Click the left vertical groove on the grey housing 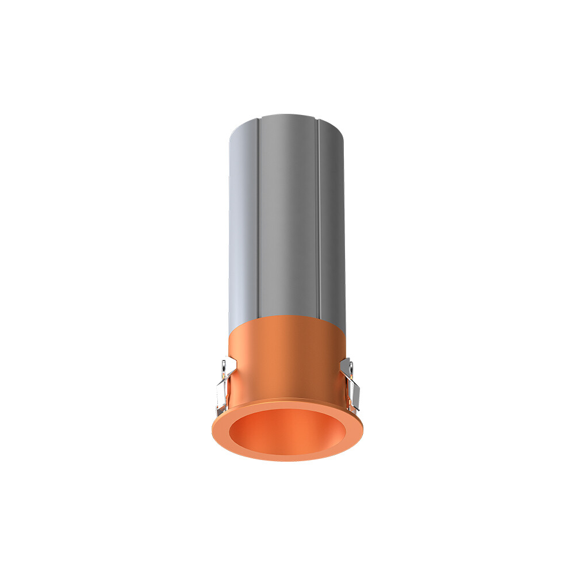point(259,218)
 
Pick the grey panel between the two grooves point(287,218)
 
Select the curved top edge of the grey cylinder point(287,117)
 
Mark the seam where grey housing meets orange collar point(287,318)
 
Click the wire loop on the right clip point(348,368)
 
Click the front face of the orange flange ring point(287,454)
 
